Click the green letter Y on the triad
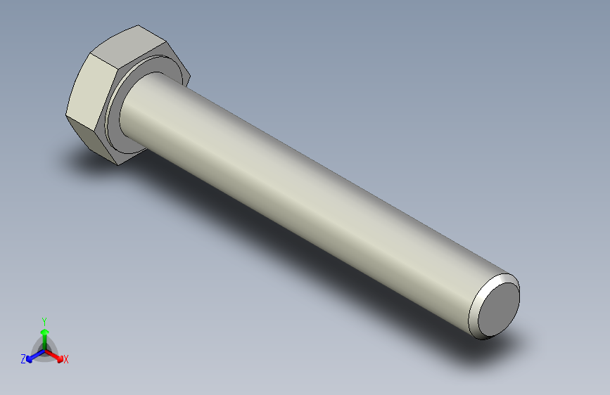[44, 320]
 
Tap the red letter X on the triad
[66, 360]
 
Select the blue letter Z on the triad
[23, 358]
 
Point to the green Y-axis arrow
[44, 333]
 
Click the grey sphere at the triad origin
[44, 349]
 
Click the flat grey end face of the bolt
[500, 307]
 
